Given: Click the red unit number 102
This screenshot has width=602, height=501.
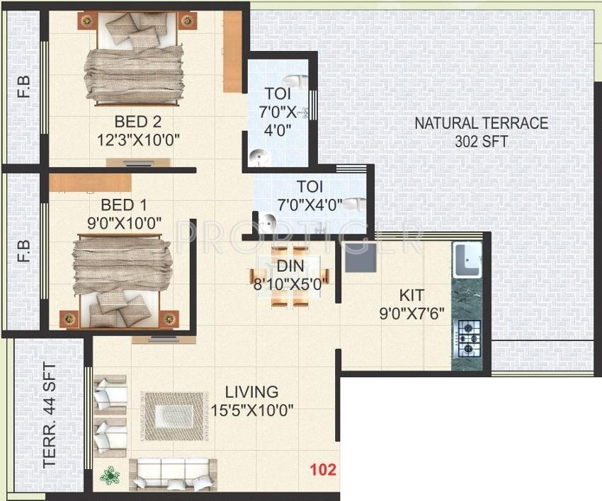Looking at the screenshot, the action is [x=323, y=470].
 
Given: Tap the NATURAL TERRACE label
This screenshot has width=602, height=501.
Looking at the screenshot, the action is [x=482, y=123].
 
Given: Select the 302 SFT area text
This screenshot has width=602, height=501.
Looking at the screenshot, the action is [x=482, y=142].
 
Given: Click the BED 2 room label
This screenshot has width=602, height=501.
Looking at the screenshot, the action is [x=138, y=122].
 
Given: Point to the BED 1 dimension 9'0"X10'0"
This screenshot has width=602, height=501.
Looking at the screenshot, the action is [x=124, y=223].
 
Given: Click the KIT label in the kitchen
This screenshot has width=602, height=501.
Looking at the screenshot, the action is [x=411, y=295].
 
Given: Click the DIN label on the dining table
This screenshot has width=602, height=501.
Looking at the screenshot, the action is [x=290, y=266].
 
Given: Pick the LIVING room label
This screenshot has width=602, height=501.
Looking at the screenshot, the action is [x=251, y=392].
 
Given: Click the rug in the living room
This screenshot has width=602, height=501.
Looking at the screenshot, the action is [x=174, y=416].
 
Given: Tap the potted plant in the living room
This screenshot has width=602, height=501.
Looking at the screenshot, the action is [x=110, y=476].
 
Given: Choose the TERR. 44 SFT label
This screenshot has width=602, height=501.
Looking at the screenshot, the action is [x=50, y=415].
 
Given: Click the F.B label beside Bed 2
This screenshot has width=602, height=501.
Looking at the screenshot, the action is [x=24, y=87].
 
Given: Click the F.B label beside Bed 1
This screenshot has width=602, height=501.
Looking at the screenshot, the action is [x=24, y=251].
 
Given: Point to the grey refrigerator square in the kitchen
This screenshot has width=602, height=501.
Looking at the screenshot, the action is [x=360, y=258].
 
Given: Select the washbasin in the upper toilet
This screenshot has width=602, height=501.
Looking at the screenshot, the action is [x=259, y=158].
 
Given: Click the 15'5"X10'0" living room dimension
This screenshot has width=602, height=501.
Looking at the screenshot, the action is [x=252, y=410].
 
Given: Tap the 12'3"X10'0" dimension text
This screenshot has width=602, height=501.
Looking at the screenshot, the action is [x=138, y=140].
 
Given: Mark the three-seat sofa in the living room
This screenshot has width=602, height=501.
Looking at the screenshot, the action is [x=173, y=475].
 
